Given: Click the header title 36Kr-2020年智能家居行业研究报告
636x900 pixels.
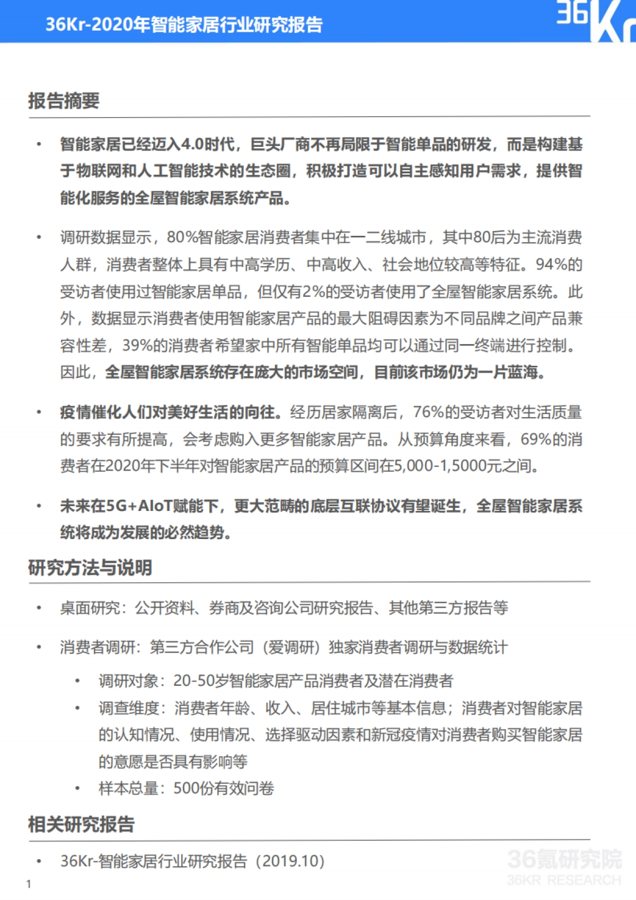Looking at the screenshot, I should tap(184, 24).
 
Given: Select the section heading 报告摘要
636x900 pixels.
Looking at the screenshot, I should tap(64, 100).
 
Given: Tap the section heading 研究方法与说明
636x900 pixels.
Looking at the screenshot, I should tap(90, 568).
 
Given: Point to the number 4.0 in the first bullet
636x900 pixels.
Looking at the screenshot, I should tap(192, 144).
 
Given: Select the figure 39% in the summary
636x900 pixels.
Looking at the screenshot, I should tap(137, 346).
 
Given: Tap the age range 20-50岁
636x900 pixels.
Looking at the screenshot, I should tap(201, 681).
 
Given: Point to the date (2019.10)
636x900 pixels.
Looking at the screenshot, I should tap(290, 861).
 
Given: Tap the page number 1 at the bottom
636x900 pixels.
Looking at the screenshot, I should tap(29, 884).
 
